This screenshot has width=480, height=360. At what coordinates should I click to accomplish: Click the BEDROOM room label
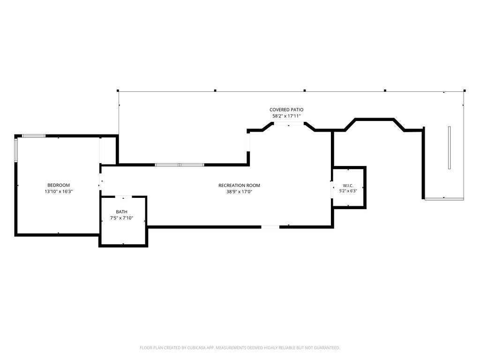59,185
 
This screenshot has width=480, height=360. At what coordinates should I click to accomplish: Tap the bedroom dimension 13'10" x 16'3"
59,192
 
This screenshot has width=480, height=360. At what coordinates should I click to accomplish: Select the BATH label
121,212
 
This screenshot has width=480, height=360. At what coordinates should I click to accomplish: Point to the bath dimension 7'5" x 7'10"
121,218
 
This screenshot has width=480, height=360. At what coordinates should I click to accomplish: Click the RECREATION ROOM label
239,186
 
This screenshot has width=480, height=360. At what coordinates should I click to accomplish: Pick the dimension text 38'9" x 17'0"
239,192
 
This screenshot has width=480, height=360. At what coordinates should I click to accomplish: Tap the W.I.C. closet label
348,186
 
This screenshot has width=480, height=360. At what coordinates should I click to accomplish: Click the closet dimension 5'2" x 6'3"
348,191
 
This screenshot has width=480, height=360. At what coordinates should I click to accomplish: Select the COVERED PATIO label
286,110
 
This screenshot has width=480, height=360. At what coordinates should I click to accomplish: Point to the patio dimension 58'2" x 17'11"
286,116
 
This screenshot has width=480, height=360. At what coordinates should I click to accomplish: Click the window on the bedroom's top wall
34,136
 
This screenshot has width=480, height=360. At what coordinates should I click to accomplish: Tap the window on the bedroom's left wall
16,150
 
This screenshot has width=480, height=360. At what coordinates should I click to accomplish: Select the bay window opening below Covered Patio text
289,123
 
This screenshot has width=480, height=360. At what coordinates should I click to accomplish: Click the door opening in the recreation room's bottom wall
270,227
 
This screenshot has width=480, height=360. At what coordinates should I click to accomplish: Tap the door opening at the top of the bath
123,196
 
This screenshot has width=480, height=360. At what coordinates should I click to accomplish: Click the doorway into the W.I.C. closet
332,190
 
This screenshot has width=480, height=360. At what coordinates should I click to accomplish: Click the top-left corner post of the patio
118,90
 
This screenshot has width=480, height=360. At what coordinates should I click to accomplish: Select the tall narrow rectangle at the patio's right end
450,148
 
